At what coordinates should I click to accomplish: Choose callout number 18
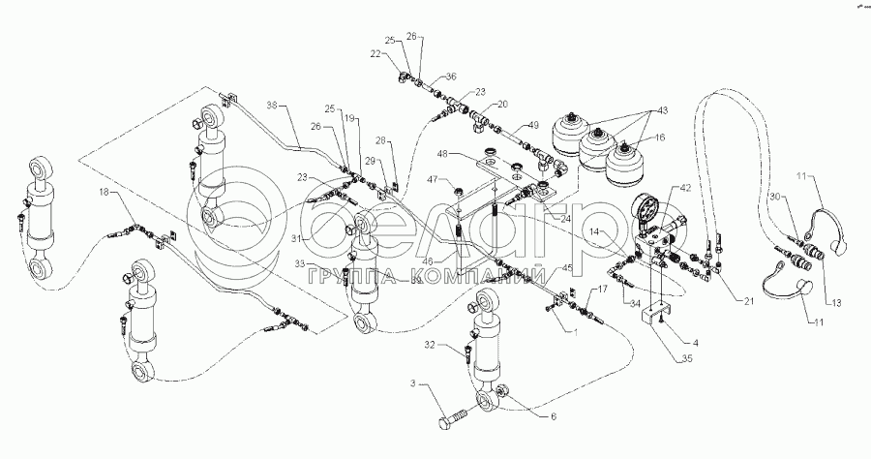104,193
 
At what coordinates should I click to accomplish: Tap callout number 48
440,154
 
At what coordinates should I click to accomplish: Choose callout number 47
436,179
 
